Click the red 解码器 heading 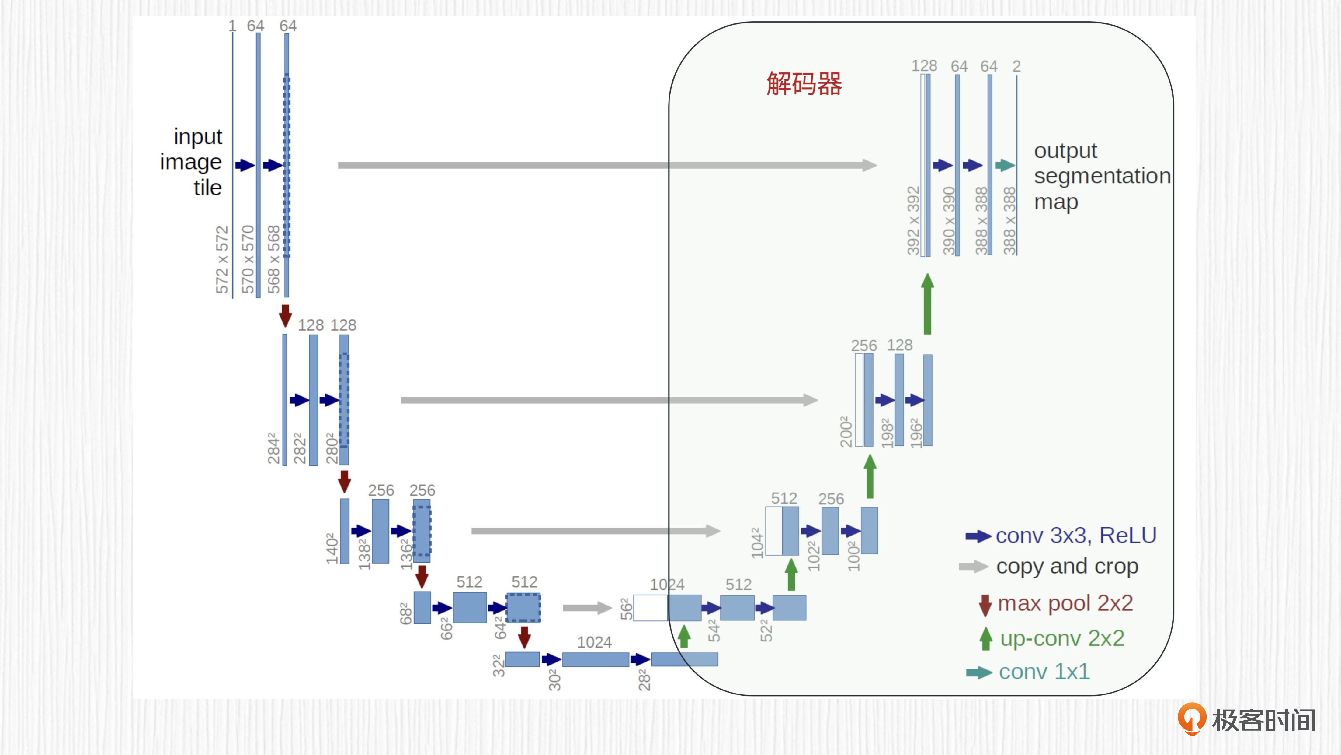[x=804, y=83]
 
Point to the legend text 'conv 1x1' [x=1044, y=672]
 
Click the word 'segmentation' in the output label [x=1102, y=176]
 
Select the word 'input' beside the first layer [x=198, y=136]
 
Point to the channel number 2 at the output [x=1016, y=66]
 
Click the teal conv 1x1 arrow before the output [x=1005, y=166]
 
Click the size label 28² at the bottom [x=644, y=680]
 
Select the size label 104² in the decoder [x=757, y=543]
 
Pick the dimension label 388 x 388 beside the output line [x=1009, y=221]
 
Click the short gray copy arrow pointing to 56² [x=587, y=608]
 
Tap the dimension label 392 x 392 [x=914, y=221]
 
